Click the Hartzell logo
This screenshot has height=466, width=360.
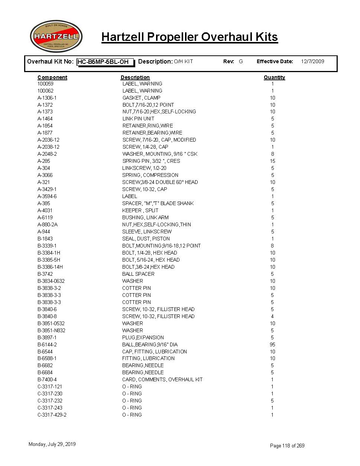pyautogui.click(x=56, y=36)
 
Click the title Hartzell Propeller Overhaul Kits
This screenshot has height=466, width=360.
pyautogui.click(x=189, y=37)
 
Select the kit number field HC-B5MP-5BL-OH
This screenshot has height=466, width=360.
pyautogui.click(x=105, y=62)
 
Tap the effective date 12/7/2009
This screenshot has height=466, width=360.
pyautogui.click(x=312, y=61)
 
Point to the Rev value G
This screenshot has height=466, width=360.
pyautogui.click(x=241, y=61)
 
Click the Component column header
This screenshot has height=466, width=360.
pyautogui.click(x=52, y=77)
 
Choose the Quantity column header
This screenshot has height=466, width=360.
pyautogui.click(x=274, y=77)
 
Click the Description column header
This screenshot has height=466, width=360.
pyautogui.click(x=135, y=77)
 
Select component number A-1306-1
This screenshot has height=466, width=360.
pyautogui.click(x=47, y=98)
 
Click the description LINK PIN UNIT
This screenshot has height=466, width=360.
pyautogui.click(x=138, y=119)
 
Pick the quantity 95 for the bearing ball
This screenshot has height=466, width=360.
pyautogui.click(x=272, y=344)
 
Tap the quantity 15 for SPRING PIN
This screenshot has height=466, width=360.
pyautogui.click(x=272, y=161)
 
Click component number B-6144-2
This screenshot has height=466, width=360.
pyautogui.click(x=47, y=344)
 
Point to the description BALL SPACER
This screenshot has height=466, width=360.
pyautogui.click(x=138, y=274)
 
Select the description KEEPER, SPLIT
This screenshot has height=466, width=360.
pyautogui.click(x=140, y=210)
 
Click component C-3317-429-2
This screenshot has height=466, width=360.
pyautogui.click(x=52, y=415)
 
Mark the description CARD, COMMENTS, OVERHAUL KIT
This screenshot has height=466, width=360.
pyautogui.click(x=162, y=379)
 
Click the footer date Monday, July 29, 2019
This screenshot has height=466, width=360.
pyautogui.click(x=52, y=444)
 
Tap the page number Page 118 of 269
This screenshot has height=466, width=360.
pyautogui.click(x=287, y=446)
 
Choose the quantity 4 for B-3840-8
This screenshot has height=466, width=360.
pyautogui.click(x=272, y=316)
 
